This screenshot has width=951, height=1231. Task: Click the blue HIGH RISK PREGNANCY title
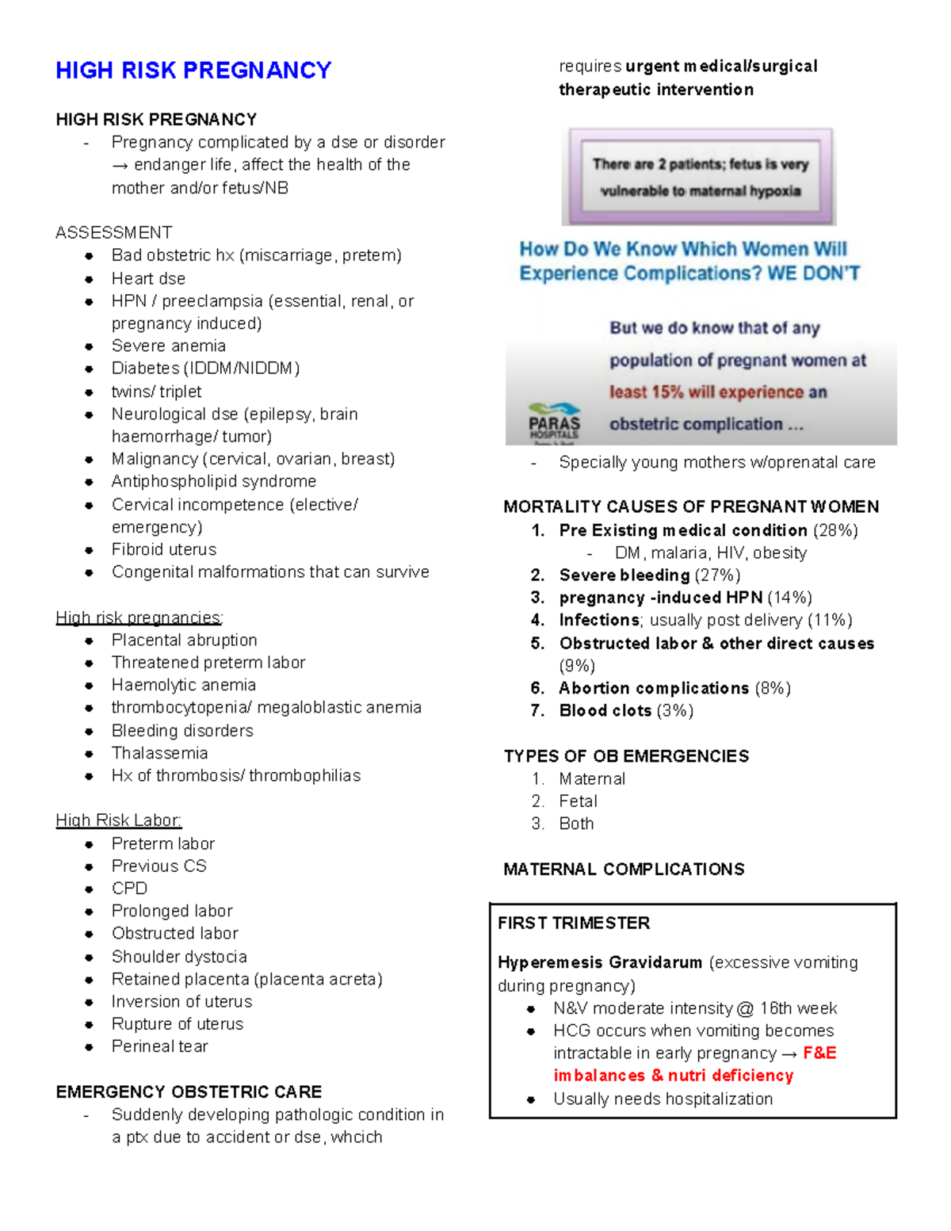pyautogui.click(x=193, y=71)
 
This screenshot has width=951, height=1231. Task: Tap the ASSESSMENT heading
pyautogui.click(x=113, y=232)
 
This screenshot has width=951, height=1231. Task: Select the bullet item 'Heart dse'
pyautogui.click(x=148, y=278)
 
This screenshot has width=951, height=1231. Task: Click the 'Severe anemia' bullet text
pyautogui.click(x=168, y=346)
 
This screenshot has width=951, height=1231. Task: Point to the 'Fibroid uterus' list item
pyautogui.click(x=163, y=549)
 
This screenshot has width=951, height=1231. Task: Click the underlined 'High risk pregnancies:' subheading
pyautogui.click(x=139, y=617)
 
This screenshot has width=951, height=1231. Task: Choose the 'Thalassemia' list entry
pyautogui.click(x=159, y=753)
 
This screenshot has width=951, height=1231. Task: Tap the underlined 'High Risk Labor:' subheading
pyautogui.click(x=119, y=820)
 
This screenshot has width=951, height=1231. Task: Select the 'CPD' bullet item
pyautogui.click(x=129, y=889)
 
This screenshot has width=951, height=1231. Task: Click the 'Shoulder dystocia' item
pyautogui.click(x=179, y=957)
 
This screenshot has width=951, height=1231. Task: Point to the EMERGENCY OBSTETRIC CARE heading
pyautogui.click(x=189, y=1091)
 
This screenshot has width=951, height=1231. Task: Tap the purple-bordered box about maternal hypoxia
pyautogui.click(x=699, y=177)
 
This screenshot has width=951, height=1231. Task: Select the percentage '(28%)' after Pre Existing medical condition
pyautogui.click(x=835, y=530)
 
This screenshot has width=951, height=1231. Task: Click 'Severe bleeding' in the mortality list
pyautogui.click(x=624, y=575)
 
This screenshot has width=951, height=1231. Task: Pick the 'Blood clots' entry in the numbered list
pyautogui.click(x=605, y=711)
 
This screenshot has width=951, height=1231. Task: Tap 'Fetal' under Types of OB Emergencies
pyautogui.click(x=578, y=801)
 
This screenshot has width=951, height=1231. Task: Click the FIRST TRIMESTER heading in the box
pyautogui.click(x=573, y=923)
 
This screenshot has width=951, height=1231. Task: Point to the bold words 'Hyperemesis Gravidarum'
pyautogui.click(x=599, y=962)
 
